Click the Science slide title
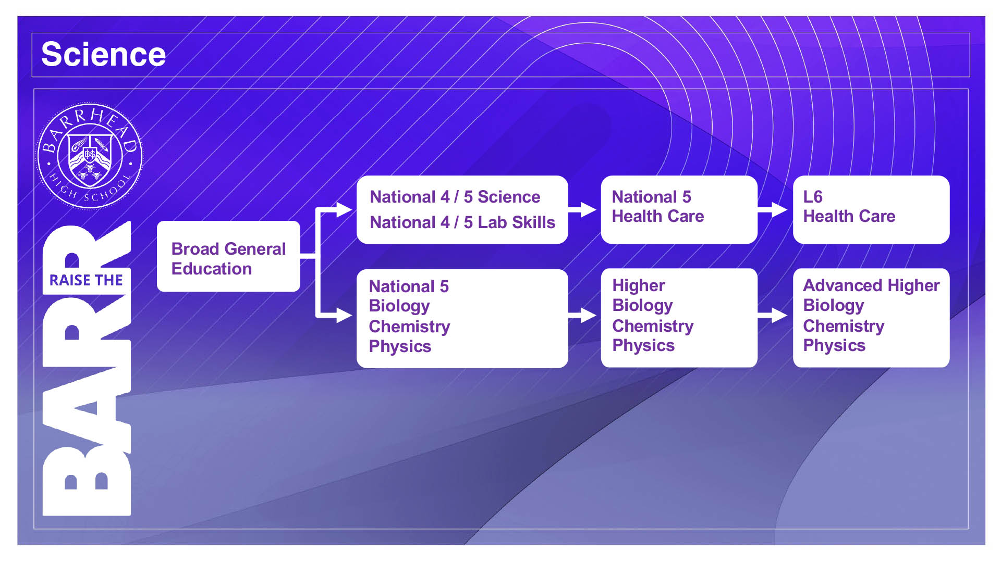coord(103,54)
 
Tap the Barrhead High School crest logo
coord(90,156)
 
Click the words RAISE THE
coord(86,280)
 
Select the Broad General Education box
coord(228,256)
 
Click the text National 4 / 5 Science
coord(455,197)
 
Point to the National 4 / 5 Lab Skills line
coord(462,222)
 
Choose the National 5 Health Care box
coord(679,209)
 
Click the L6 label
coord(813,197)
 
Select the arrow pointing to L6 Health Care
coord(773,209)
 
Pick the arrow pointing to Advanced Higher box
coord(773,315)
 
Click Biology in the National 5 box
coord(399,306)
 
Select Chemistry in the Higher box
coord(653,326)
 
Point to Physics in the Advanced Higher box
coord(834,346)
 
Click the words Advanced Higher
coord(871,285)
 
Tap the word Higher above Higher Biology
coord(639,285)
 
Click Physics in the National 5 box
coord(400,347)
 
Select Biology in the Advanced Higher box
coord(834,306)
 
